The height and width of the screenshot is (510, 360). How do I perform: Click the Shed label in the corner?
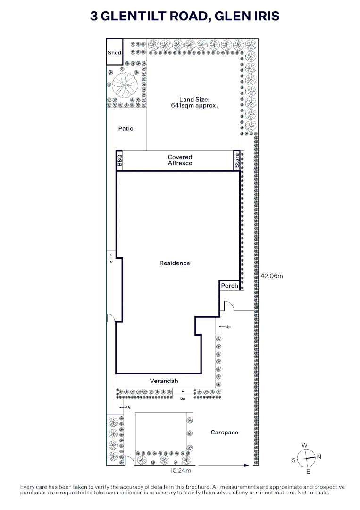click(x=114, y=53)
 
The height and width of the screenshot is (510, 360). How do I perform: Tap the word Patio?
click(x=126, y=128)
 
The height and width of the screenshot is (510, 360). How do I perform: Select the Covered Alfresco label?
click(x=180, y=160)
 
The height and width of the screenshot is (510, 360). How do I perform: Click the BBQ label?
click(x=119, y=161)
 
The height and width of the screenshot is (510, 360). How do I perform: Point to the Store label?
click(x=237, y=161)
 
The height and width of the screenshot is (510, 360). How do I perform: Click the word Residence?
click(x=175, y=263)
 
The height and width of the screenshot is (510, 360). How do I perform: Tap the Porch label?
click(x=229, y=286)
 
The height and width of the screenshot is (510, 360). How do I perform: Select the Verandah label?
click(x=164, y=381)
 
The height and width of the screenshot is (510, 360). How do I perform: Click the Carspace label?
click(x=224, y=432)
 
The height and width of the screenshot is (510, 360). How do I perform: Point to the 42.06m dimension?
click(x=272, y=276)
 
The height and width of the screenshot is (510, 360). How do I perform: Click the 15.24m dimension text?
click(x=180, y=470)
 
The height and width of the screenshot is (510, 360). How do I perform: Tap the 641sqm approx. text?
click(x=194, y=105)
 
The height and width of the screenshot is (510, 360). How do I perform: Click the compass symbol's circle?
click(x=306, y=458)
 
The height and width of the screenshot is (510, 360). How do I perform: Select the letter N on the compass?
click(x=319, y=457)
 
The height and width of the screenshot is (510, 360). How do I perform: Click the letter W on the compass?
click(x=304, y=445)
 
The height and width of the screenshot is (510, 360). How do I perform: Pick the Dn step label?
click(x=111, y=262)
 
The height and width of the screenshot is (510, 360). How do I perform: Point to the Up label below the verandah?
click(x=183, y=399)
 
